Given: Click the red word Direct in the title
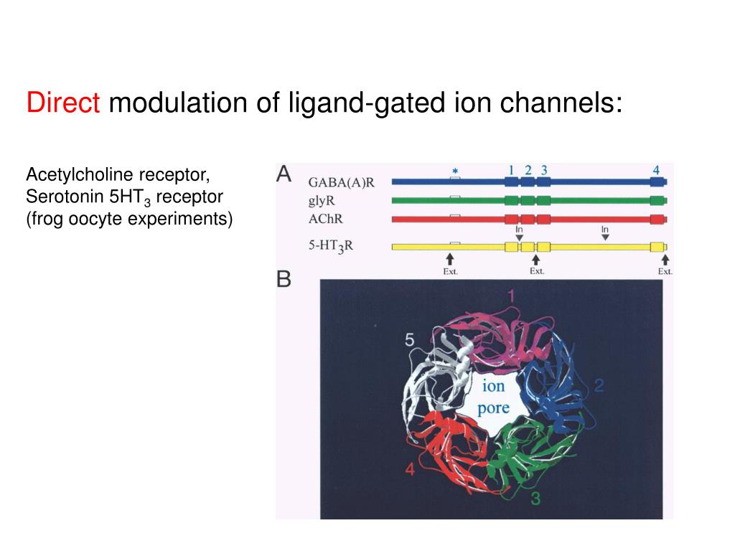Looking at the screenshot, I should pos(63,103).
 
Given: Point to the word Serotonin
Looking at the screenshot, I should pos(61,197).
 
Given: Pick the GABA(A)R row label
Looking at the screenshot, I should pos(341,182).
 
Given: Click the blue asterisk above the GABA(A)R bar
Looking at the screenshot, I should pos(455,171).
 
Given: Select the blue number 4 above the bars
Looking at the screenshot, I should pos(656,170).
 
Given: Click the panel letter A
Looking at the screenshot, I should pos(284,174).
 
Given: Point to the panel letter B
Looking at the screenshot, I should pos(284,279).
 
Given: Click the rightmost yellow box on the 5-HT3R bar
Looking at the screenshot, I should pos(657,247).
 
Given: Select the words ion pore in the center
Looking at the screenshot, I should pos(493,397).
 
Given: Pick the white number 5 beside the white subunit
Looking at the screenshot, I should pos(409,340).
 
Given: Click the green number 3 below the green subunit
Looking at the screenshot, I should pos(535,499).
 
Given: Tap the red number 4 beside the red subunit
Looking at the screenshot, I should pos(410,470).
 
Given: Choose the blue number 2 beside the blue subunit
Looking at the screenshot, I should pos(599,386).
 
